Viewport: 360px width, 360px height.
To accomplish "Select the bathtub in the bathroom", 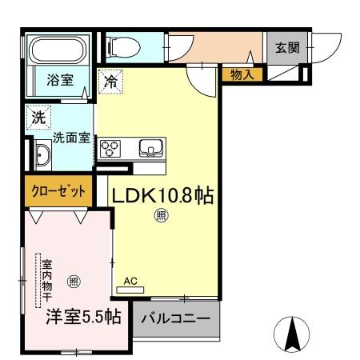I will (58, 51).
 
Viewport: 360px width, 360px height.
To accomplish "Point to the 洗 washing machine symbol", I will (38, 117).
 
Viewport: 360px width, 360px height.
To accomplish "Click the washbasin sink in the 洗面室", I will (42, 154).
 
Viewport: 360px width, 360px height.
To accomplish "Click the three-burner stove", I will (110, 149).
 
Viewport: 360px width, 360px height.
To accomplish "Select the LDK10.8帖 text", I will (162, 196).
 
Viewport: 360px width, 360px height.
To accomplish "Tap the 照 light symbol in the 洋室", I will (73, 281).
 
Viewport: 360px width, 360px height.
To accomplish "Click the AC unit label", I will (131, 281).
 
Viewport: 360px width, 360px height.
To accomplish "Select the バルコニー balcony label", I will (176, 318).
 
